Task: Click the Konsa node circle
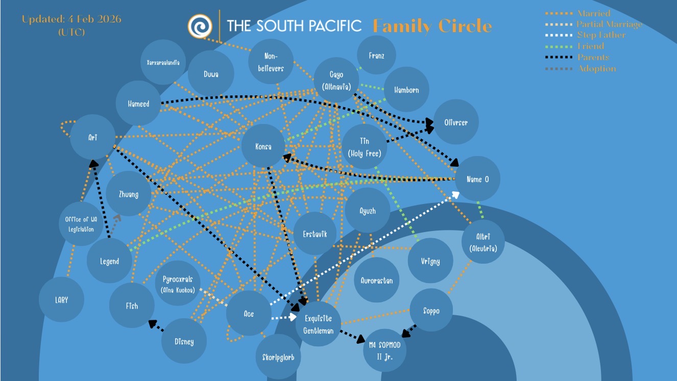pos(263,146)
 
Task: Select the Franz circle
pos(376,56)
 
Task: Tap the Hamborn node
pos(406,90)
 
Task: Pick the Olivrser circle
pos(456,122)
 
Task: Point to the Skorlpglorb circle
pos(278,357)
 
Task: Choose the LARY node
pos(61,299)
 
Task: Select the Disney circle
pos(184,341)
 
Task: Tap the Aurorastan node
pos(376,280)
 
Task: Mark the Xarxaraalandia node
pos(163,63)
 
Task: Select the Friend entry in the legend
pos(590,46)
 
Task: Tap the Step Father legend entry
pos(600,35)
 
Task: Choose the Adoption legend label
pos(596,69)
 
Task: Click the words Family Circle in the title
pos(432,26)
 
